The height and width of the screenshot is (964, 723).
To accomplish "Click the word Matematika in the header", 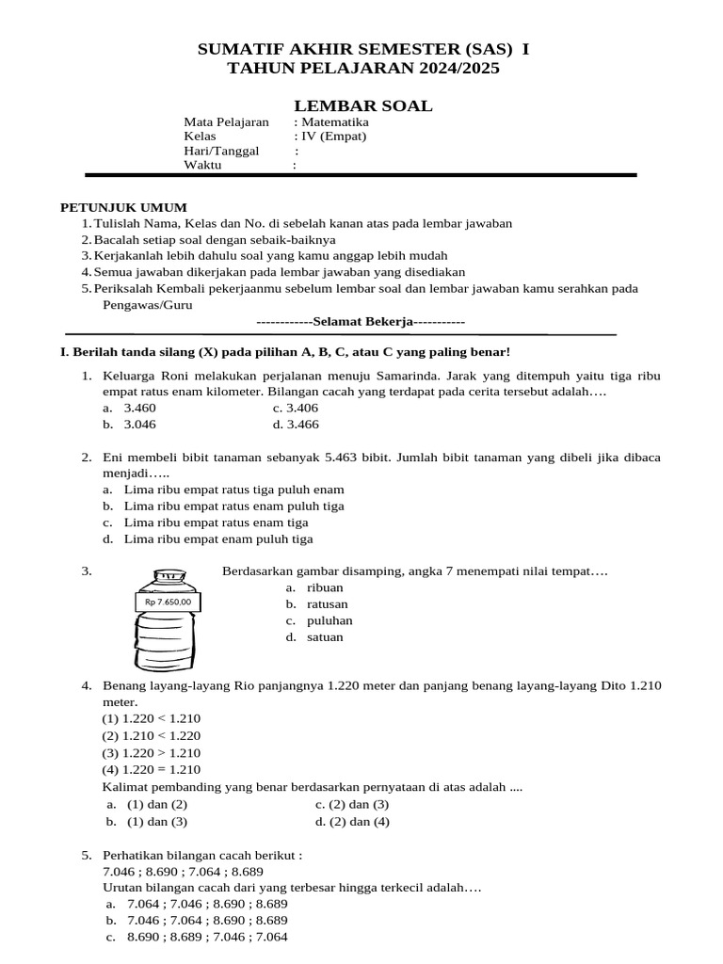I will pos(334,122).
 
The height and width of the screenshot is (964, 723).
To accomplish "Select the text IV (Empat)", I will pos(333,137).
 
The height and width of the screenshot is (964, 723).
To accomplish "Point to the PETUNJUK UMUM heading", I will pos(123,207).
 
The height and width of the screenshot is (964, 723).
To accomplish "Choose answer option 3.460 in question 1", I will pos(140,408).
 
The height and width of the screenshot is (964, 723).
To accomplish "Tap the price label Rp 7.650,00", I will pos(169,602).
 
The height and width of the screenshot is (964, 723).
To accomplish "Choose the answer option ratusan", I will pos(327,603).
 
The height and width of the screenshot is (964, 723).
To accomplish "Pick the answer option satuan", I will pos(325,637).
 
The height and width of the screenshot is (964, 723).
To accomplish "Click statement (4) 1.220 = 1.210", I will pos(152,769).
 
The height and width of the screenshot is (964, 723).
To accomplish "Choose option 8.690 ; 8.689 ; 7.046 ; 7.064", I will pos(207,937).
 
